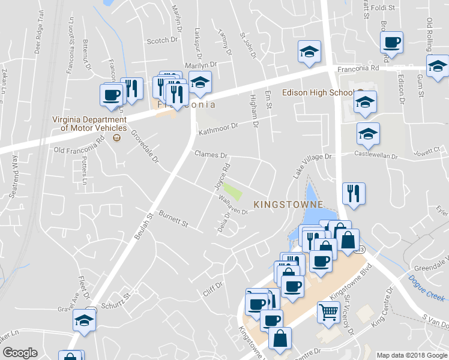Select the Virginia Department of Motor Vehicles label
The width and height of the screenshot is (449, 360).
(x=89, y=124)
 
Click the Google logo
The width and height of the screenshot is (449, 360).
(x=20, y=352)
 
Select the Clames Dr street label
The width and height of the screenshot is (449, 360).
(x=210, y=154)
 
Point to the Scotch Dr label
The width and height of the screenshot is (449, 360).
(x=163, y=41)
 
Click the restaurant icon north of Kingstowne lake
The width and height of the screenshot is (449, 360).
(x=353, y=193)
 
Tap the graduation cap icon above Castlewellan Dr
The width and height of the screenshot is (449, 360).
(x=368, y=134)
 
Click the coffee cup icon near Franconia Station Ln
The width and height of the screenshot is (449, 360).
(x=112, y=95)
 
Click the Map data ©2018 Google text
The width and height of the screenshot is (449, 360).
(x=411, y=355)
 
